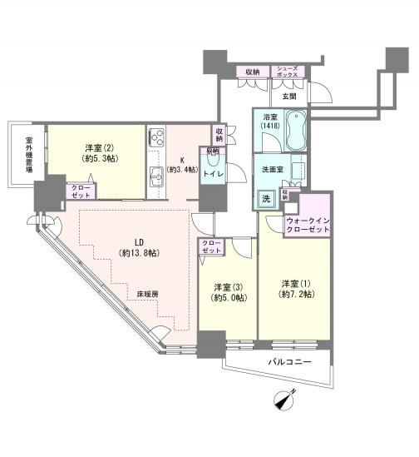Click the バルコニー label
(290, 362)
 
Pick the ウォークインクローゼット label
(308, 225)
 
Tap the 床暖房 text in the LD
(149, 293)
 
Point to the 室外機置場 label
(28, 154)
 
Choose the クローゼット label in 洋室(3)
(211, 247)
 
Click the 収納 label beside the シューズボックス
(249, 72)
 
